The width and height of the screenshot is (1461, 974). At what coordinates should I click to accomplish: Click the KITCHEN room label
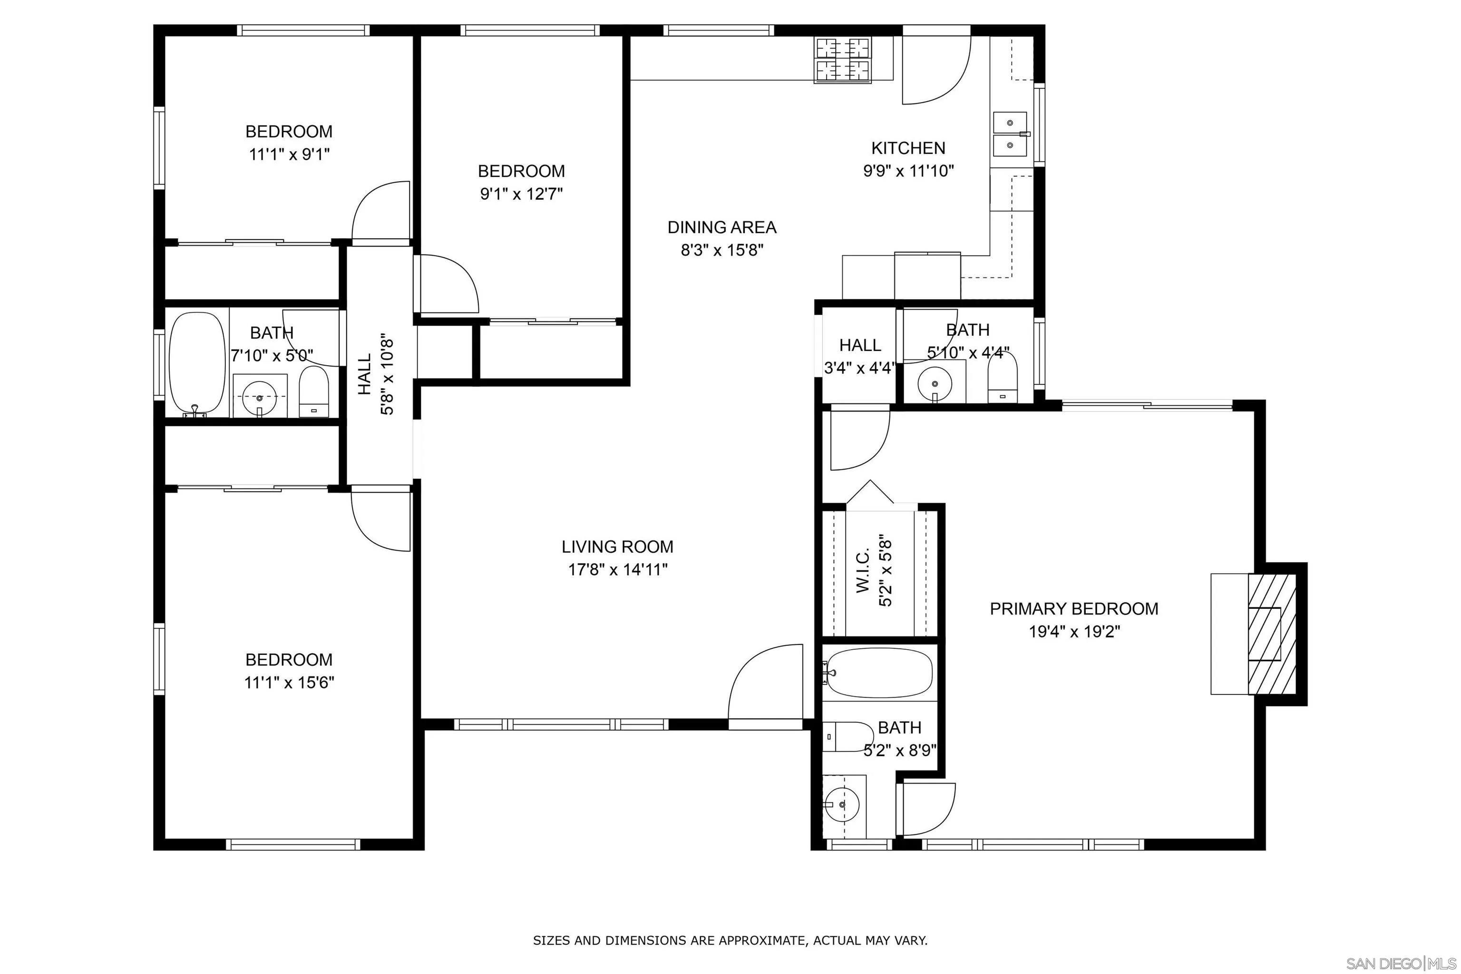tap(908, 148)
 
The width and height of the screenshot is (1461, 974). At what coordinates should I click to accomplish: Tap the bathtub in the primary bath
tap(879, 673)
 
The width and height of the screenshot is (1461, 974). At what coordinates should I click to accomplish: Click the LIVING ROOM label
tap(617, 546)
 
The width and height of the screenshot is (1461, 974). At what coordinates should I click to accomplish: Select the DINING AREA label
tap(722, 227)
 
